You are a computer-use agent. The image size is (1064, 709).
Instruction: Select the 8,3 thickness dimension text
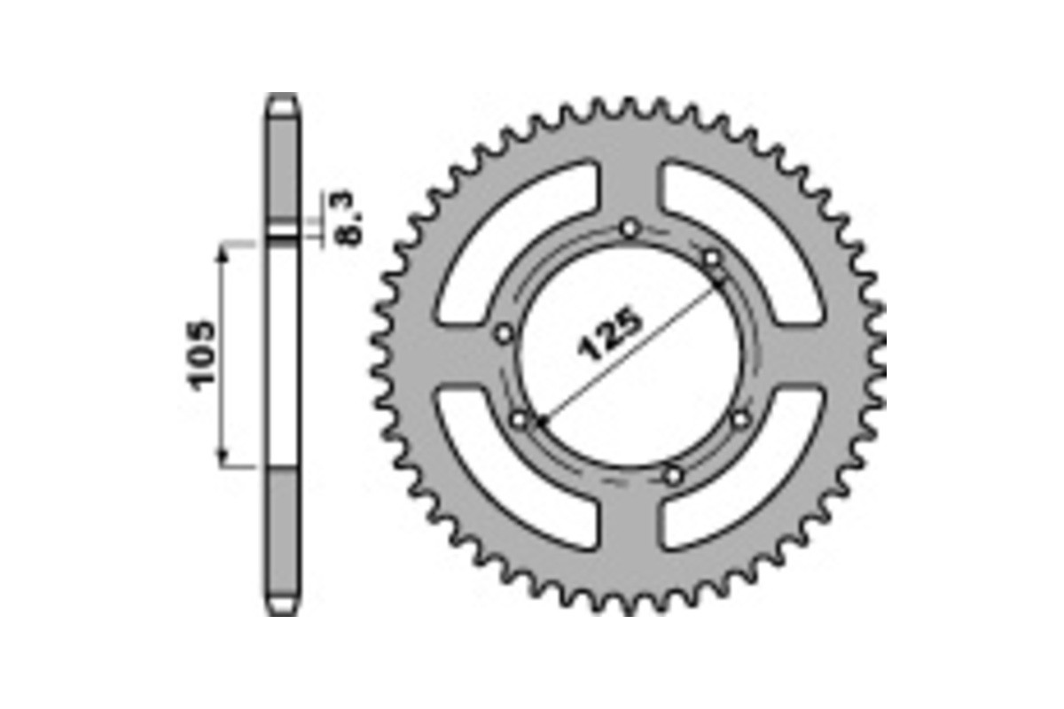[348, 218]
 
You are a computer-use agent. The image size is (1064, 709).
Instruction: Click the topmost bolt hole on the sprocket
[630, 229]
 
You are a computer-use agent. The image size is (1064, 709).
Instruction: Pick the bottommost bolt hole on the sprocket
[674, 476]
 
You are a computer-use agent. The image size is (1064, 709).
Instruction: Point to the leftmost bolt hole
[504, 334]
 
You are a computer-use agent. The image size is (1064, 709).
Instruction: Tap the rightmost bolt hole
[741, 418]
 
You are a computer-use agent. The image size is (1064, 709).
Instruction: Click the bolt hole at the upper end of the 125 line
[713, 258]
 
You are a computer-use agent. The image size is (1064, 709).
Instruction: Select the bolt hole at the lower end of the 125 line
[520, 418]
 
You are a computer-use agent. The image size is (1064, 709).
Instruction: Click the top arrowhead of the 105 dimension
[223, 251]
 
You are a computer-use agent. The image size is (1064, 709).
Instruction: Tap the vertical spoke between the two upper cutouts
[630, 177]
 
